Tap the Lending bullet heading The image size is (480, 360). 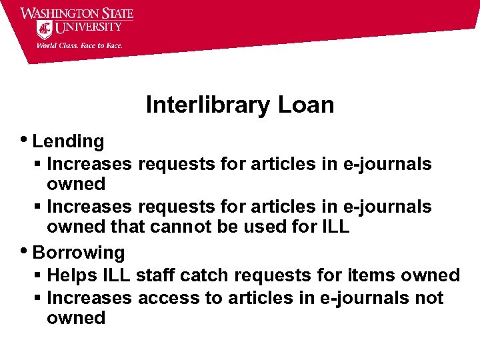pyautogui.click(x=68, y=141)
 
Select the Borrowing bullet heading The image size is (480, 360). pyautogui.click(x=79, y=253)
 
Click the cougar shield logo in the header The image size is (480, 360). pyautogui.click(x=45, y=29)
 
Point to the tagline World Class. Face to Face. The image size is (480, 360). pyautogui.click(x=79, y=45)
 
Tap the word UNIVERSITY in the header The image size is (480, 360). pyautogui.click(x=89, y=28)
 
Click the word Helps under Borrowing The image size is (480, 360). pyautogui.click(x=72, y=275)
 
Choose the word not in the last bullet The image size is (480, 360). pyautogui.click(x=429, y=297)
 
